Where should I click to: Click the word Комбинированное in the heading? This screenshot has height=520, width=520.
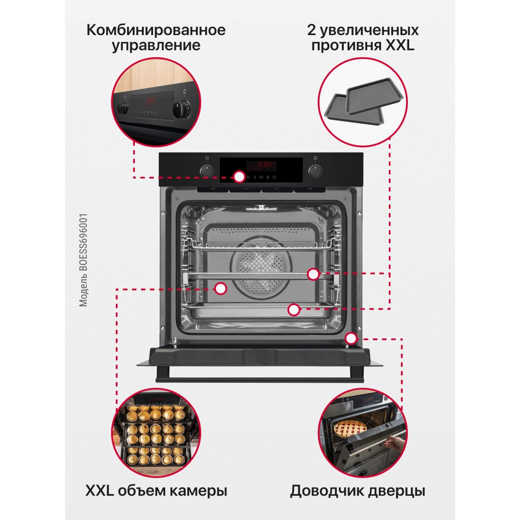point(156,30)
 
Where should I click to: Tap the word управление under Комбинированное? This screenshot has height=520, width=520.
point(156,45)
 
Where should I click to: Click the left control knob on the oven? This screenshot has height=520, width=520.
point(207,171)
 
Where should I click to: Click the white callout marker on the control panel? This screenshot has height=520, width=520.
point(239,177)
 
